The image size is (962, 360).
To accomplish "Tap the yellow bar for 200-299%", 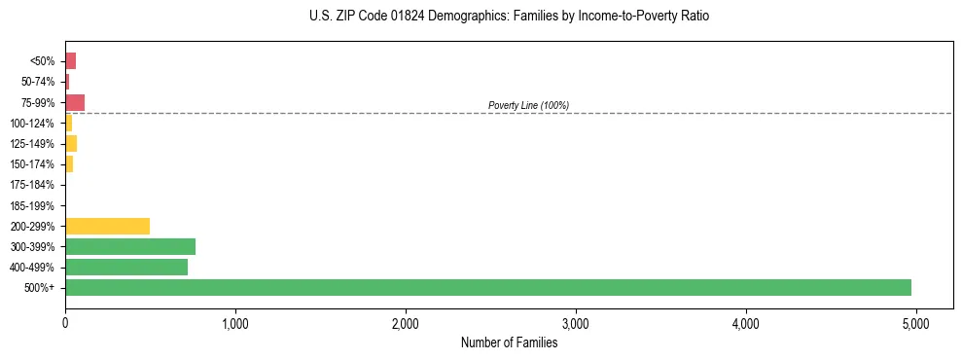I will click(x=107, y=226).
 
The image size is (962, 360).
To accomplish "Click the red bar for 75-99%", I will click(x=75, y=102).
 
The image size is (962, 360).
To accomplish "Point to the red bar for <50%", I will click(x=70, y=61).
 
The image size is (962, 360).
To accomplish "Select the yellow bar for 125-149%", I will click(x=71, y=143).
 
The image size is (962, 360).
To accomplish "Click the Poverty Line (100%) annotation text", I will click(x=528, y=105).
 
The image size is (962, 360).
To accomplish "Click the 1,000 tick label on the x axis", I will click(x=235, y=324).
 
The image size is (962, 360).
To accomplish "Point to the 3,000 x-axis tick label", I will click(x=576, y=324).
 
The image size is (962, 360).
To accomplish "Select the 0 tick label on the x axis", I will click(x=65, y=324).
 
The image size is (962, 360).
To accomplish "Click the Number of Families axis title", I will click(x=509, y=342).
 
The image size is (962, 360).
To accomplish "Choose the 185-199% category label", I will click(x=33, y=205).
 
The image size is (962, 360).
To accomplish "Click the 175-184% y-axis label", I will click(x=33, y=185).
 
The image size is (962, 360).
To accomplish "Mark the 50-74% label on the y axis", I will click(x=37, y=82).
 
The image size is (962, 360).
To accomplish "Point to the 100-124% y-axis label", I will click(x=33, y=124).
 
